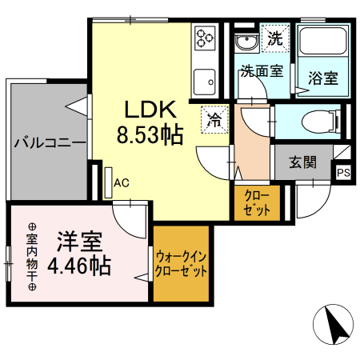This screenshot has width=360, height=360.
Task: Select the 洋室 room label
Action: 78,241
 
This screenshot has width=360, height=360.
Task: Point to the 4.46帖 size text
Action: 78,265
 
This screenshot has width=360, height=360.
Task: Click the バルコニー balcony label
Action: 48,144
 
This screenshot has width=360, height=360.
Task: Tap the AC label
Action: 121,183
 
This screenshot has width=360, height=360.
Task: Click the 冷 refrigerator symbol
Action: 214,119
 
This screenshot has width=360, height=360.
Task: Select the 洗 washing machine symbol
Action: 274,38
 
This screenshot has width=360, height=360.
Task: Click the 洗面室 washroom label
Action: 262,70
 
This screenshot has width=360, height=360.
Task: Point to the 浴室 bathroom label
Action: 322,78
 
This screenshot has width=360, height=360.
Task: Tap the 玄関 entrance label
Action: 302,162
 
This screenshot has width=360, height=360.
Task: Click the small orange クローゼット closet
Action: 251,203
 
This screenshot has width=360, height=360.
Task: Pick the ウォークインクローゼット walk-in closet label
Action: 182,263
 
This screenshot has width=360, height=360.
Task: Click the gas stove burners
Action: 205,37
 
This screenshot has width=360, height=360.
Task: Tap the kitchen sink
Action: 204,82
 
